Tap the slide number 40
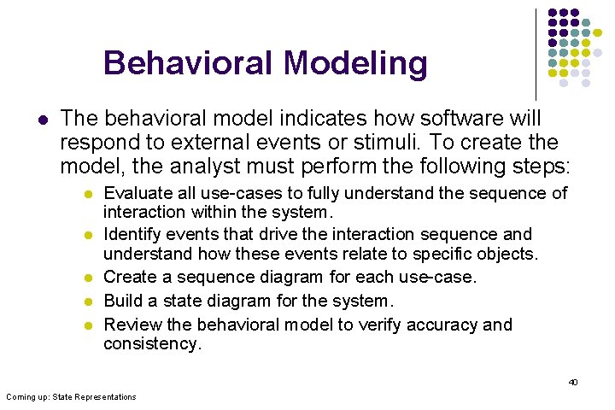click(573, 382)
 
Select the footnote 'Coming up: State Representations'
click(70, 397)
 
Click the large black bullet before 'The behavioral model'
click(40, 119)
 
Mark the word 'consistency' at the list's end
click(151, 343)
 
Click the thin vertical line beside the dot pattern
click(536, 51)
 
